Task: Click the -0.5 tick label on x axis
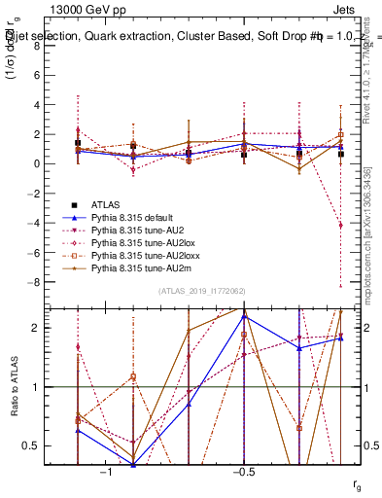(243, 472)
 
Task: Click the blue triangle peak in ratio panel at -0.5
(244, 315)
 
